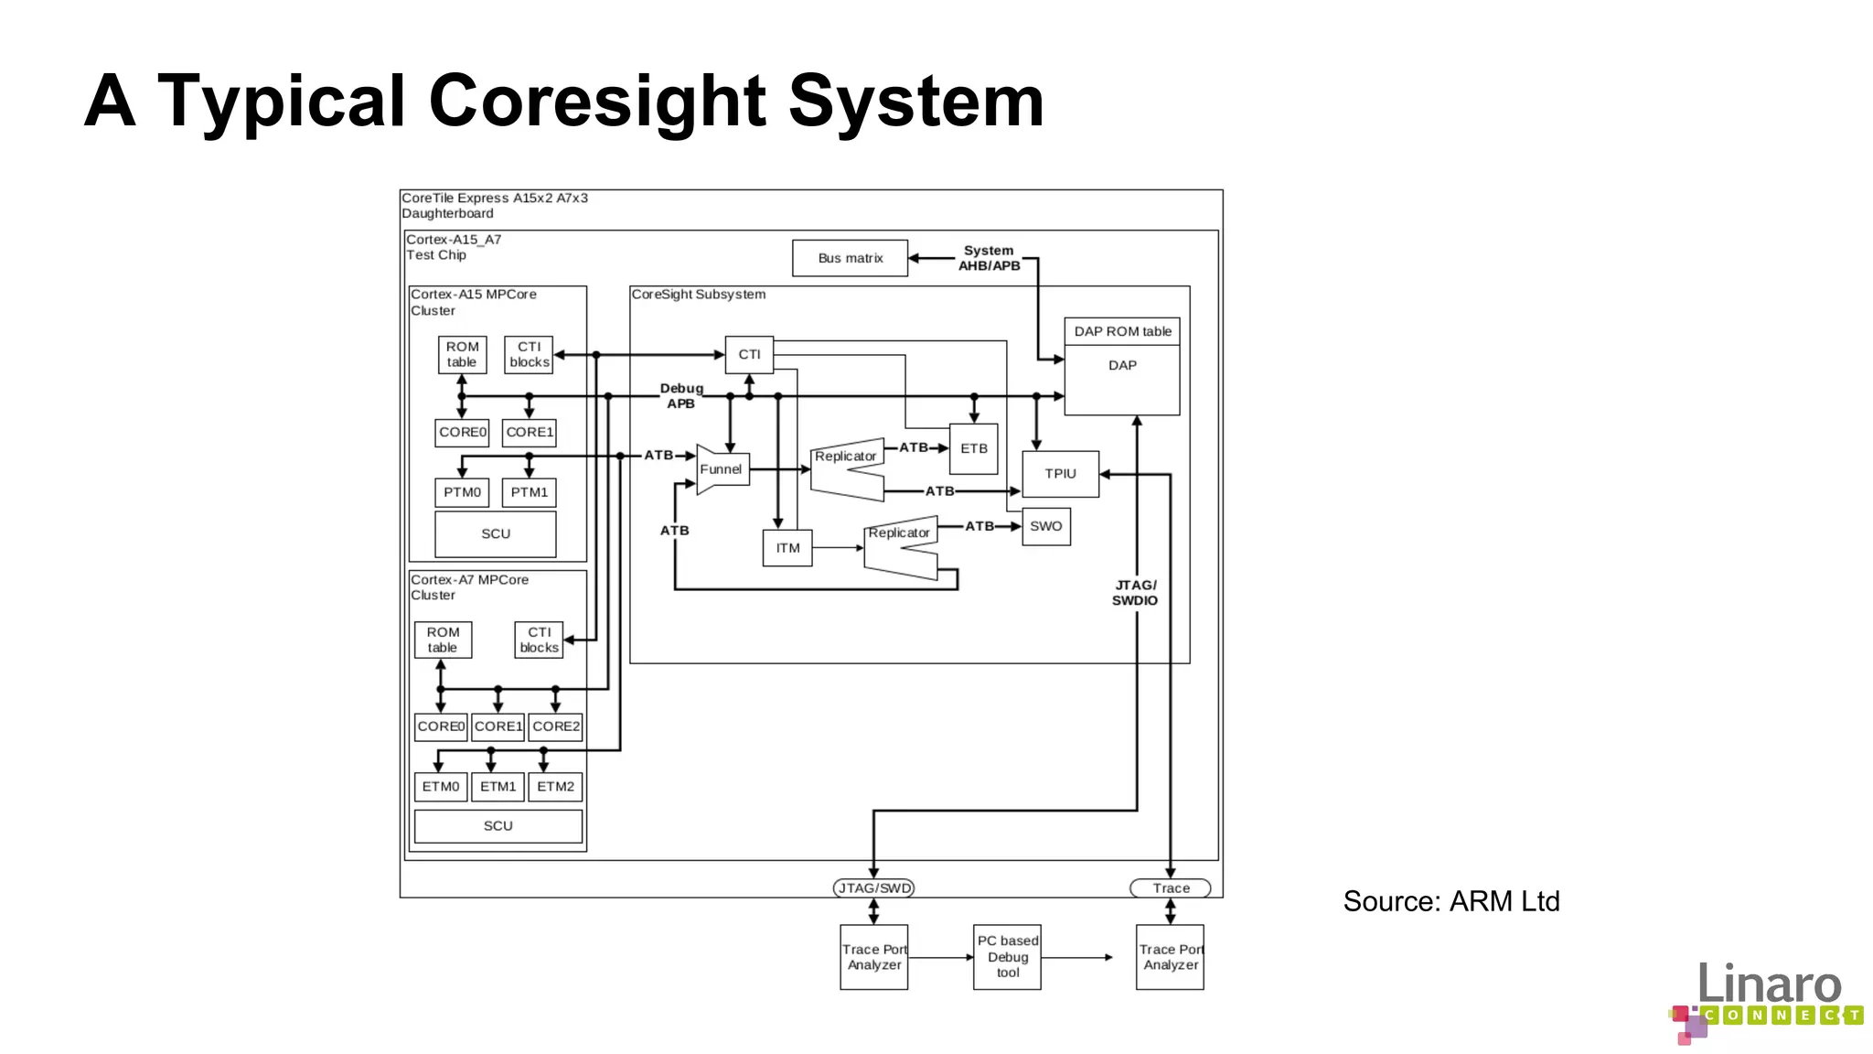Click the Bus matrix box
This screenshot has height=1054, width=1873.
coord(850,258)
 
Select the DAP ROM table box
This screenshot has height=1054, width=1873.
coord(1122,331)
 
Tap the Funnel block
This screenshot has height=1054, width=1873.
coord(722,469)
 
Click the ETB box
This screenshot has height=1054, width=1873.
coord(973,448)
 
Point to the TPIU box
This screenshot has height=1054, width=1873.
coord(1060,474)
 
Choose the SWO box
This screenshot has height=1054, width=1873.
coord(1045,526)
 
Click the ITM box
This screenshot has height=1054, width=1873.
coord(787,548)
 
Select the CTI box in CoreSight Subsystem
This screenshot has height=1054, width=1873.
coord(749,354)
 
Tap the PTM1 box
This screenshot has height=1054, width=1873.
coord(529,492)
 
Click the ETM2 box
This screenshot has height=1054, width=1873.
coord(555,787)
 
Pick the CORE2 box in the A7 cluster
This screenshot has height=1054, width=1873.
coord(555,726)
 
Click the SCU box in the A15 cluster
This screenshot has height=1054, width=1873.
coord(496,533)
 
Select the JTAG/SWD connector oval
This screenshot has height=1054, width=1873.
coord(874,887)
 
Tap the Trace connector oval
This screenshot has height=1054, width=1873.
coord(1171,887)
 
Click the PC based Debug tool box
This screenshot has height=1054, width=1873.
coord(1007,957)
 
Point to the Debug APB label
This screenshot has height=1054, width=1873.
coord(681,396)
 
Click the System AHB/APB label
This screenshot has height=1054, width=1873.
coord(989,258)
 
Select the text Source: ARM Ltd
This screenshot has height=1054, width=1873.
coord(1450,901)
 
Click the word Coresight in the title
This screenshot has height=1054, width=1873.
coord(596,101)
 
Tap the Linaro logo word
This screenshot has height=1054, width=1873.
coord(1769,984)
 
